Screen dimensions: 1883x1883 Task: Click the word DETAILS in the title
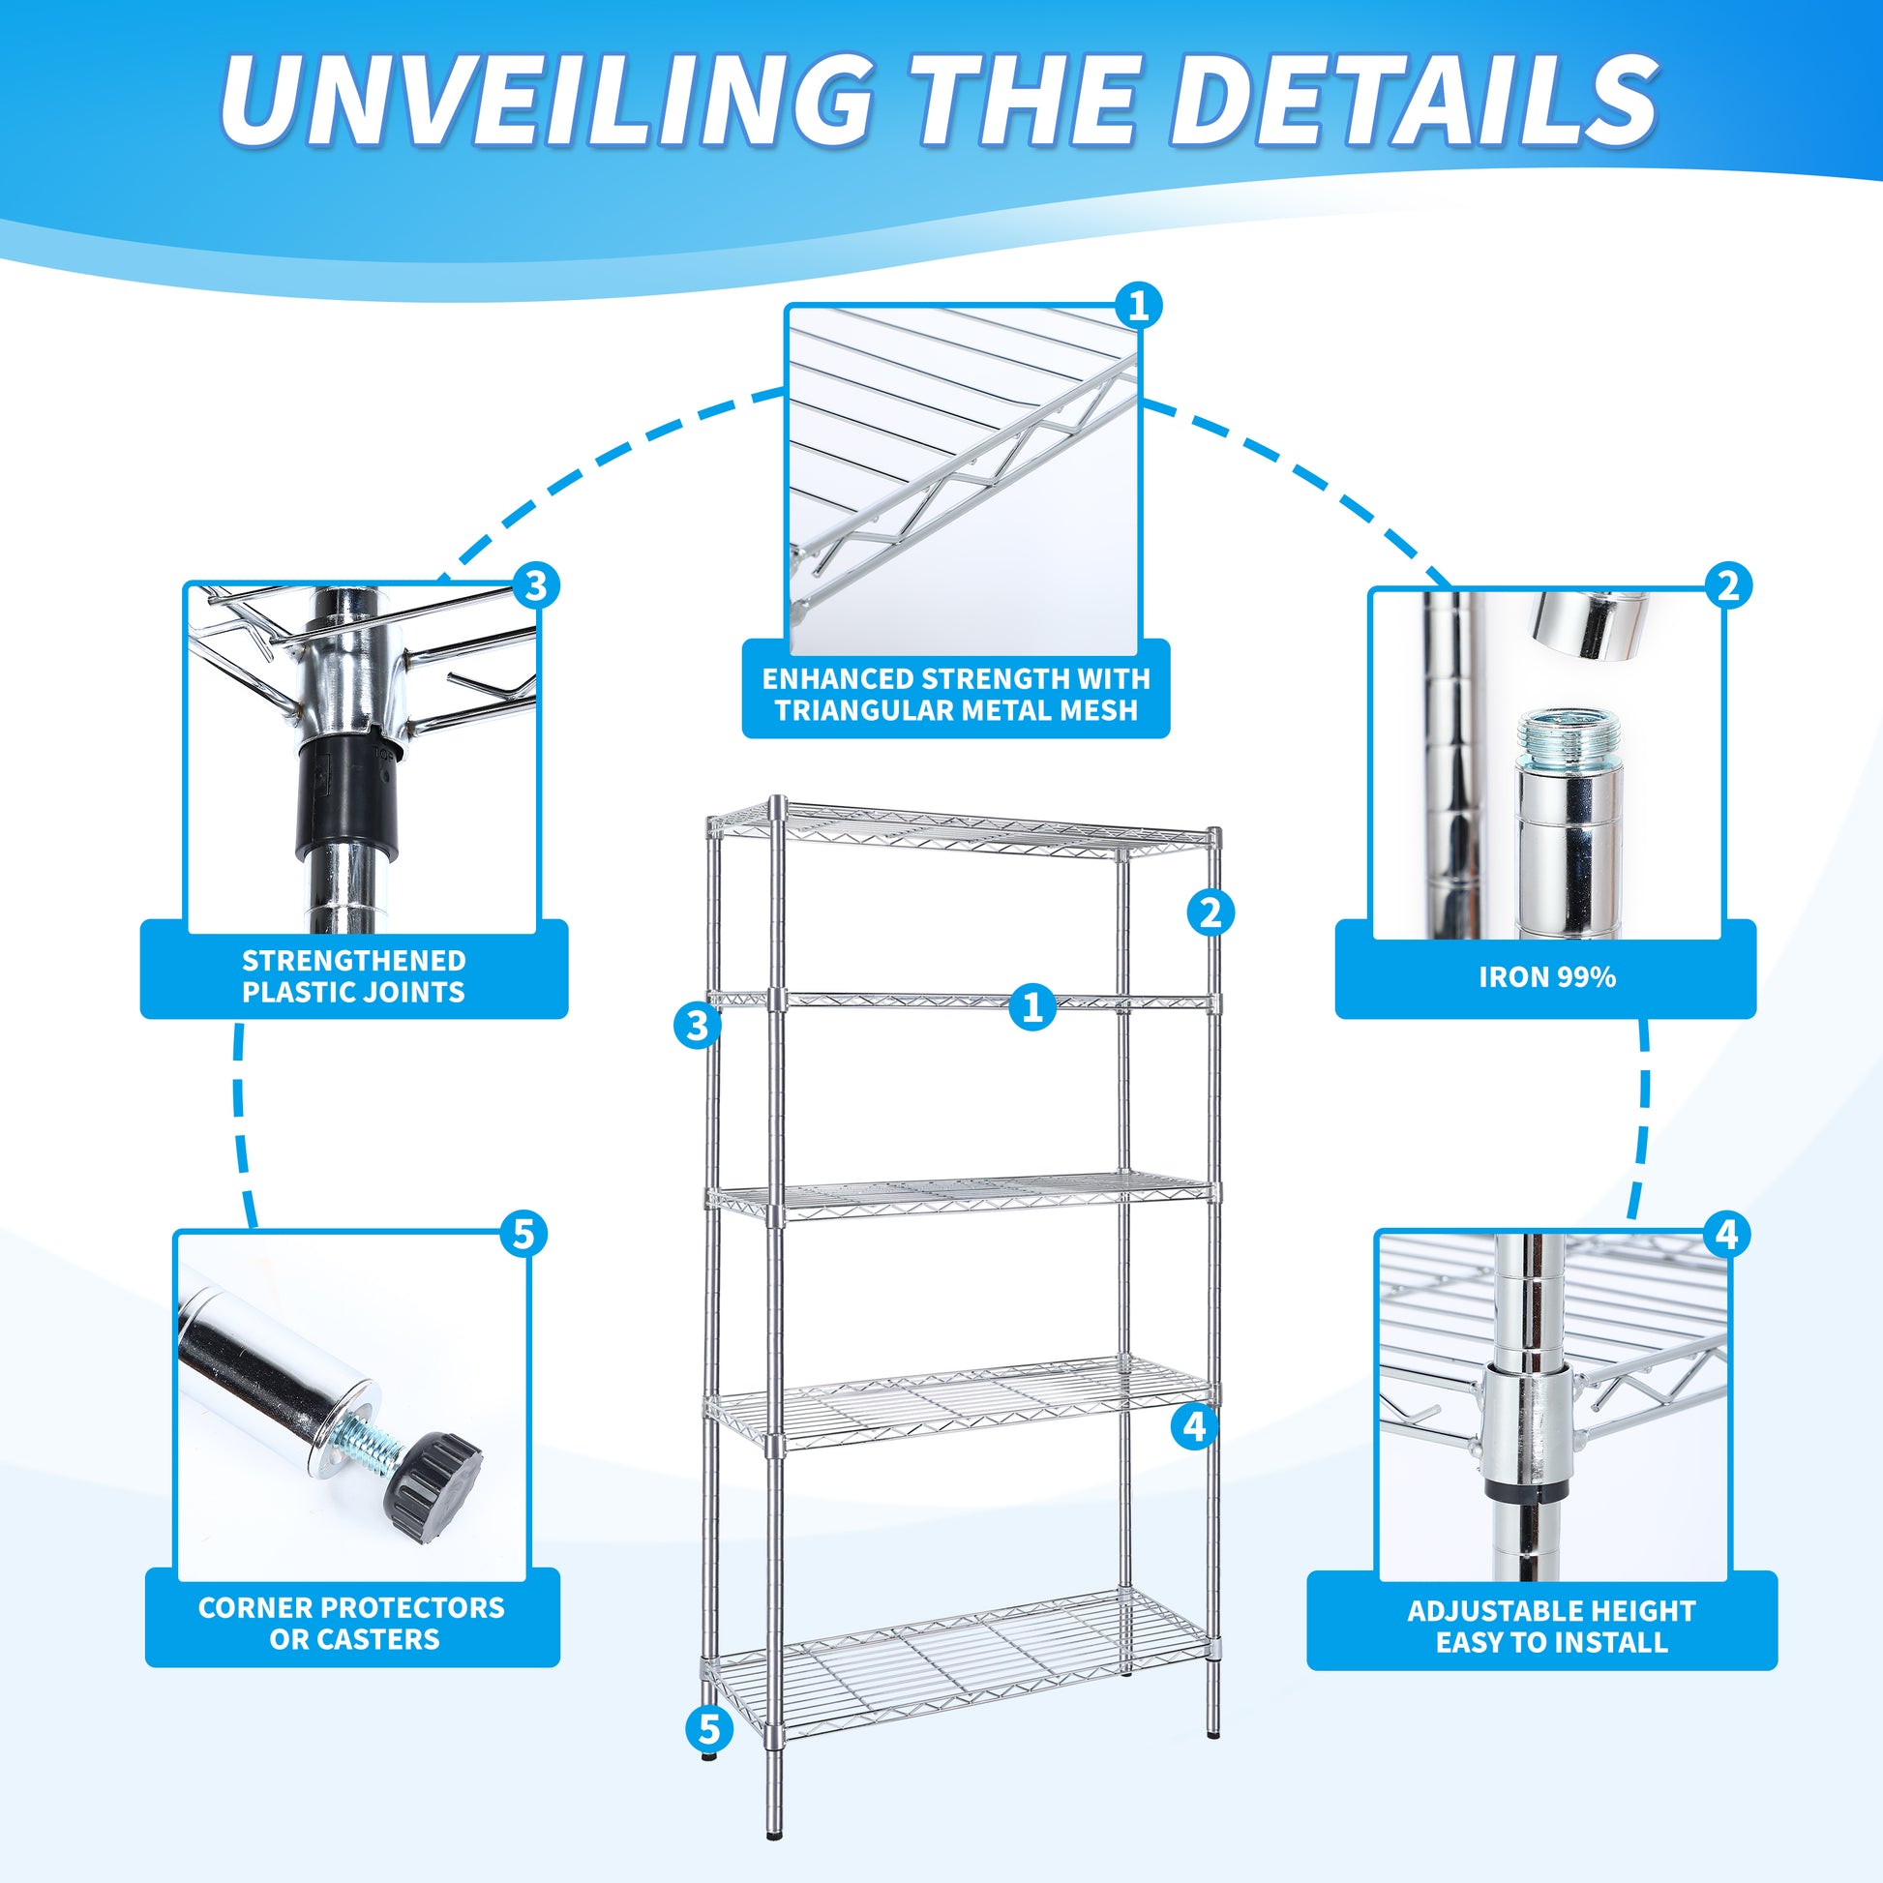click(x=1414, y=103)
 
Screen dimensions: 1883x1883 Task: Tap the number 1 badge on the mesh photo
click(x=1137, y=307)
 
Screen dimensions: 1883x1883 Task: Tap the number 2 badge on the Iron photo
click(x=1727, y=585)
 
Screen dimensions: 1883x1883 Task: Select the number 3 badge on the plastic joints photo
click(x=536, y=586)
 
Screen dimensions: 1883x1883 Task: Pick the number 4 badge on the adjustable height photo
click(x=1726, y=1235)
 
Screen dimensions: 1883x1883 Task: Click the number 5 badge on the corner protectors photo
click(x=524, y=1234)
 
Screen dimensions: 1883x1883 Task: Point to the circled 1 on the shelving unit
click(x=1032, y=1005)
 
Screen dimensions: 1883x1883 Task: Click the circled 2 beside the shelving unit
click(x=1210, y=913)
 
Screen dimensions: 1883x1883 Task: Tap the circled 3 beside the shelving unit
click(x=697, y=1026)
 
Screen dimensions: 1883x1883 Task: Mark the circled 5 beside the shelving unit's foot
click(x=708, y=1729)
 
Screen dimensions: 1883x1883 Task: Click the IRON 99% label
click(x=1546, y=977)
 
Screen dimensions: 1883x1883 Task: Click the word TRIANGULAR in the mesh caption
click(x=865, y=710)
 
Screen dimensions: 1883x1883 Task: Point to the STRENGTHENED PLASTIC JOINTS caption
click(x=354, y=975)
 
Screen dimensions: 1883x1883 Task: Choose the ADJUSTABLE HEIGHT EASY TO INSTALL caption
click(x=1551, y=1627)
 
